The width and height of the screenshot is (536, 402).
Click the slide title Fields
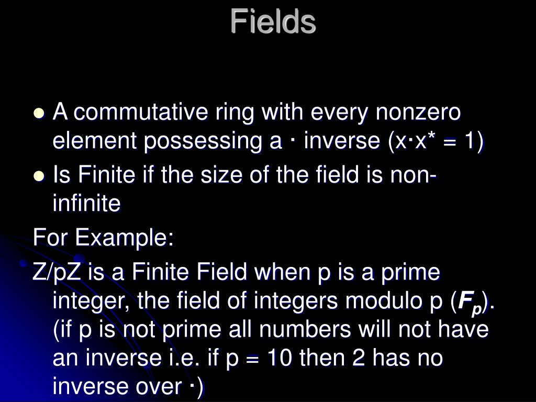coord(273,21)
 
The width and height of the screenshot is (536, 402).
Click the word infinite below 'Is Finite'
coord(86,204)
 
